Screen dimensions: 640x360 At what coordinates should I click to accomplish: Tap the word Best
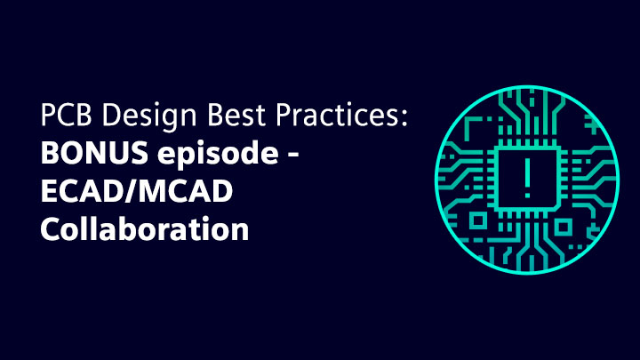coord(236,115)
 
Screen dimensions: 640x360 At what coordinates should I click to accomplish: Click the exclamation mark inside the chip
coord(527,178)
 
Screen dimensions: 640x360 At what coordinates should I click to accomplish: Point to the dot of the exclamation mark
coord(527,195)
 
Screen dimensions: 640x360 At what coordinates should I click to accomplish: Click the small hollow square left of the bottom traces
coord(477,221)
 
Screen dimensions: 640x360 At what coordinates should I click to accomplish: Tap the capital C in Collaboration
coord(51,229)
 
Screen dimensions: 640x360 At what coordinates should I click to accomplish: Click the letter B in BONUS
coord(50,153)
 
